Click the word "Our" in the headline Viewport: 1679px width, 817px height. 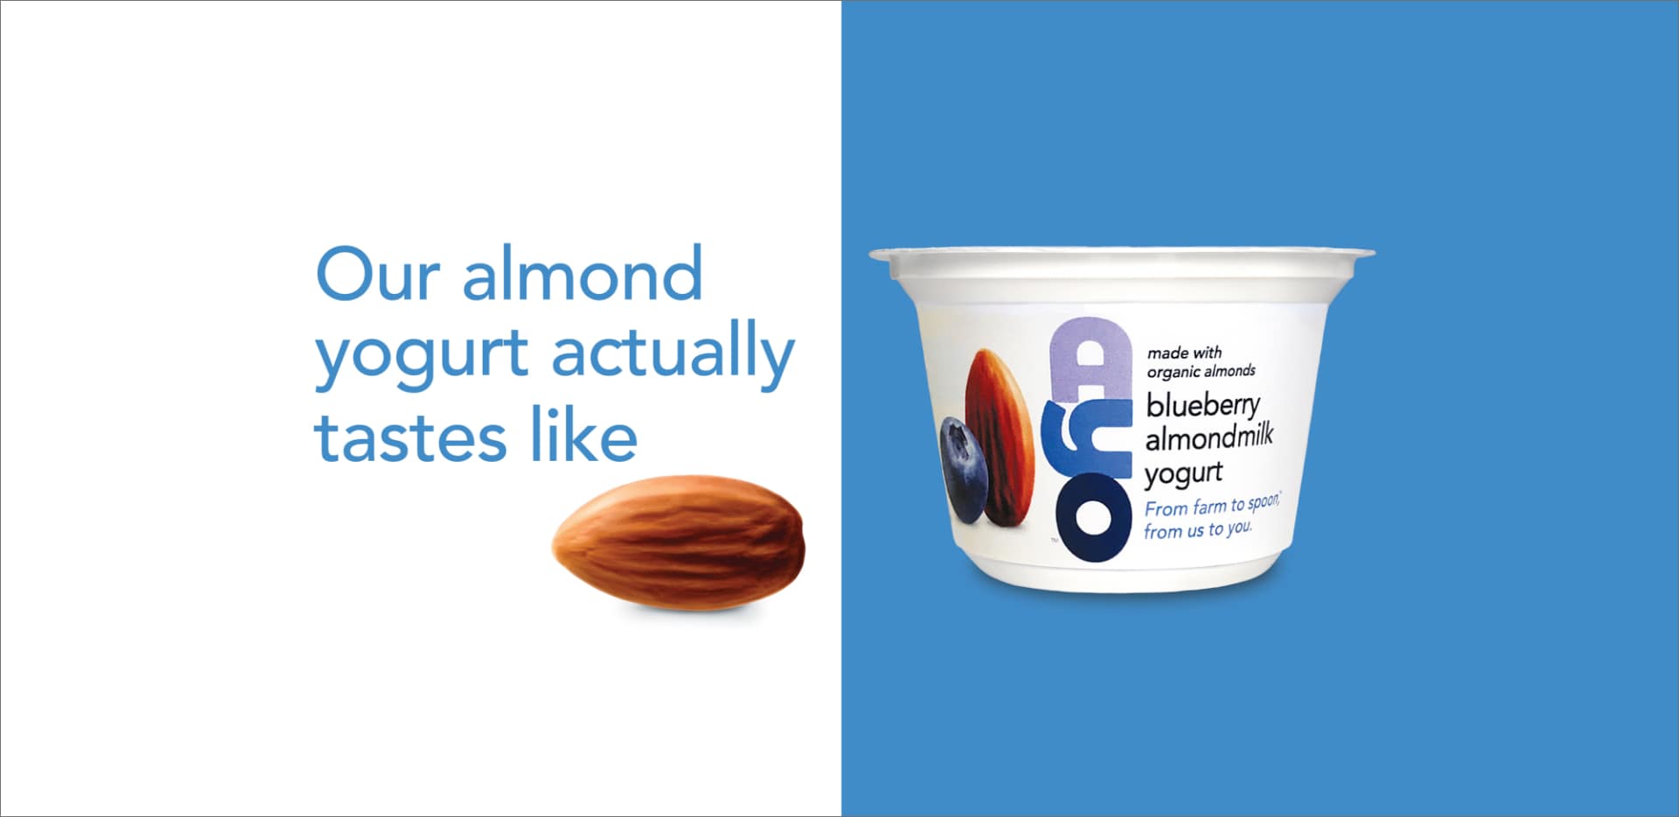pyautogui.click(x=377, y=274)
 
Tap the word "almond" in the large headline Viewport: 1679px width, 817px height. pyautogui.click(x=582, y=273)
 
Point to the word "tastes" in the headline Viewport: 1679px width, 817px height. pyautogui.click(x=410, y=436)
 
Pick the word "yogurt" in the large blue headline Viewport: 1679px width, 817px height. pyautogui.click(x=421, y=359)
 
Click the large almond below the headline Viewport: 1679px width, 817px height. pyautogui.click(x=679, y=542)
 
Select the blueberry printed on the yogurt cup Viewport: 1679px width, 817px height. pyautogui.click(x=963, y=470)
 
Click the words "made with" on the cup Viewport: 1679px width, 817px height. pyautogui.click(x=1184, y=353)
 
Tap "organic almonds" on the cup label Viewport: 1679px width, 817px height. pyautogui.click(x=1201, y=372)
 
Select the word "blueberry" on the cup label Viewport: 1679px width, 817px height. pyautogui.click(x=1203, y=405)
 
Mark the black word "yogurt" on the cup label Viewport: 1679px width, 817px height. pyautogui.click(x=1183, y=473)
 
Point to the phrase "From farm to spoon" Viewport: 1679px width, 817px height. pyautogui.click(x=1212, y=506)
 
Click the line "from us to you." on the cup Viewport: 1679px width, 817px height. pyautogui.click(x=1198, y=530)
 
